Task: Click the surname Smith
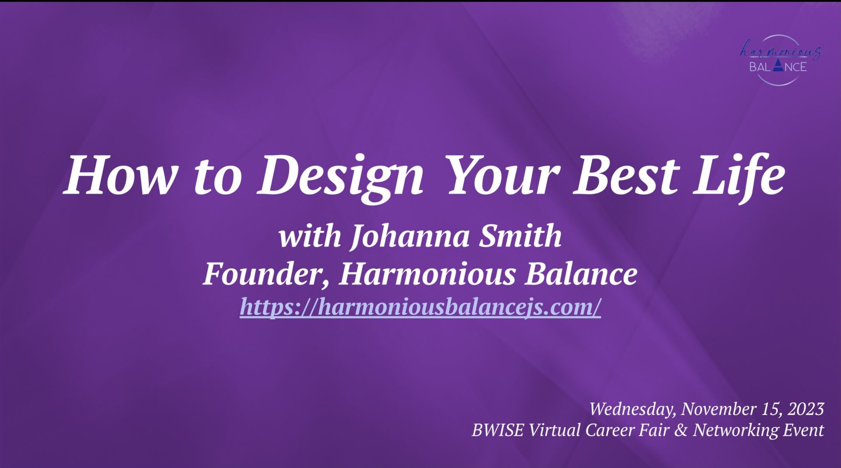(520, 236)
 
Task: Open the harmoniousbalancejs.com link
(420, 307)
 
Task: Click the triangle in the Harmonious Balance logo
(777, 66)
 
